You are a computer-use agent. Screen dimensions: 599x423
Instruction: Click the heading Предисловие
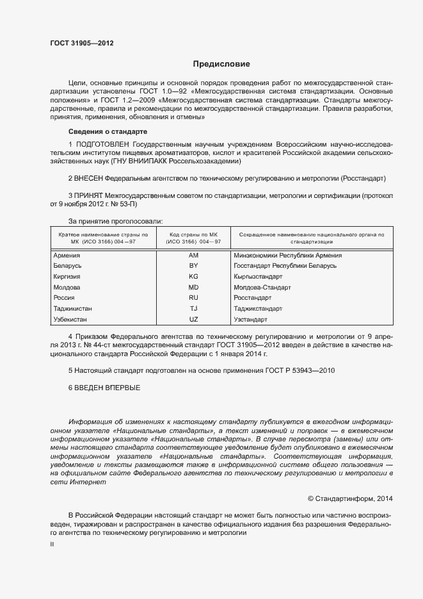[221, 64]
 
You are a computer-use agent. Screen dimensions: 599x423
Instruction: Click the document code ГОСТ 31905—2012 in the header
[83, 44]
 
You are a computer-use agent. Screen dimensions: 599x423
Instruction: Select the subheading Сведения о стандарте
[104, 131]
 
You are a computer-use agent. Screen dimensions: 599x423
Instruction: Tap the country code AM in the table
[194, 255]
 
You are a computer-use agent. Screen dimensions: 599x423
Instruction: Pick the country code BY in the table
[194, 265]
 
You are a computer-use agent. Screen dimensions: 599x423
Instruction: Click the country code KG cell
[194, 276]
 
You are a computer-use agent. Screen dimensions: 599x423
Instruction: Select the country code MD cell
[194, 287]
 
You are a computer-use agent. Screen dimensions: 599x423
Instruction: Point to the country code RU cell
[194, 298]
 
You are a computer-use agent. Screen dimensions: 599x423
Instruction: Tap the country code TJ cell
[194, 308]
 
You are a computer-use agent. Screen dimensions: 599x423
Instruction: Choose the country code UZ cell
[194, 319]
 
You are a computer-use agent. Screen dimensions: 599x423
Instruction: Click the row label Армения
[67, 255]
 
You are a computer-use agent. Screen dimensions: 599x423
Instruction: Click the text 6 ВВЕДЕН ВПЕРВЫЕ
[104, 388]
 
